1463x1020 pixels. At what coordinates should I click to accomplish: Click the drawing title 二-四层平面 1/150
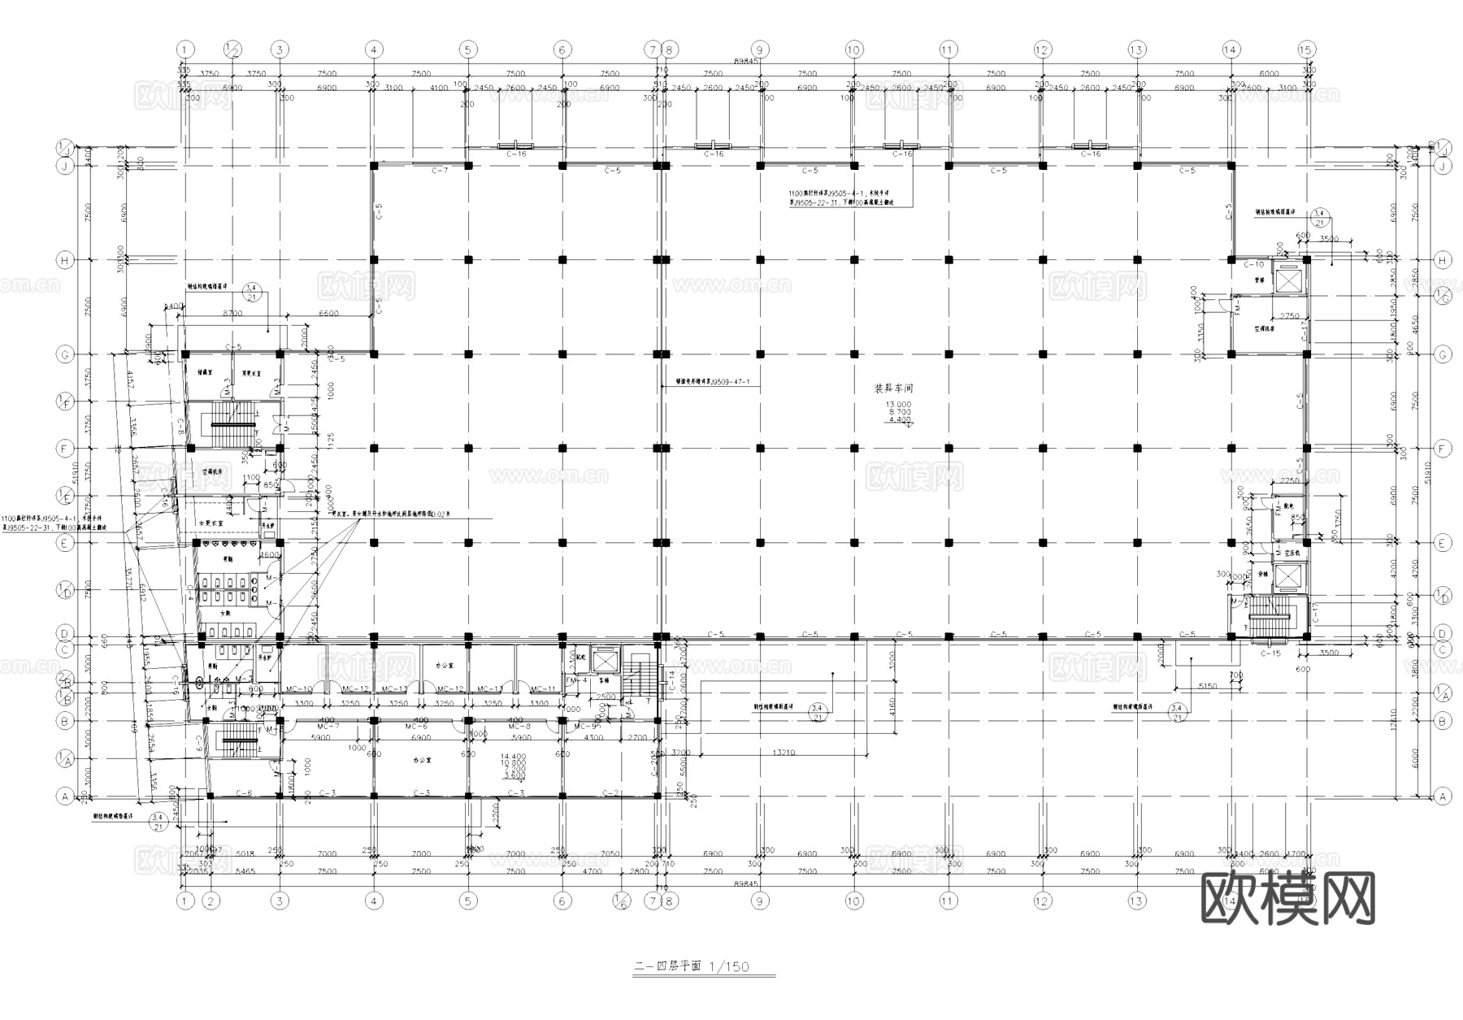692,967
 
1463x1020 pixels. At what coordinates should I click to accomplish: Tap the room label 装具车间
893,388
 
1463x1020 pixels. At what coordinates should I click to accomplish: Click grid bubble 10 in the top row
853,50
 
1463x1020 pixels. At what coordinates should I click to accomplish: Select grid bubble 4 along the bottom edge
374,901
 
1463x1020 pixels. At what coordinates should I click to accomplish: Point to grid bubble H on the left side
64,260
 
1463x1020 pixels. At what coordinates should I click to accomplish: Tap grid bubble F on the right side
1443,449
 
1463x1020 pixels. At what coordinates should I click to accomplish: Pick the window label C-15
1270,653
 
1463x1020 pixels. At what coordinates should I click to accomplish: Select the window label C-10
1254,265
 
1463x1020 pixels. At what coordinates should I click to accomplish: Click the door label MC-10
300,689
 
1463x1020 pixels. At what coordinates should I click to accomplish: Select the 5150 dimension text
1208,687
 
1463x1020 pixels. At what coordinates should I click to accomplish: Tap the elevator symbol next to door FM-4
605,662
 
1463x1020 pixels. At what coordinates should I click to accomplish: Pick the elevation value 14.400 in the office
513,756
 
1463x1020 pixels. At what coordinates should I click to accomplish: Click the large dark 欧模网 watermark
1287,898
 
